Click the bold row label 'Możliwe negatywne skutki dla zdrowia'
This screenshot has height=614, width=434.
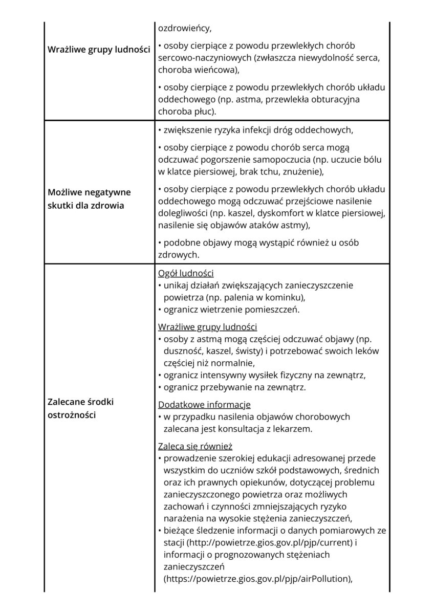click(89, 199)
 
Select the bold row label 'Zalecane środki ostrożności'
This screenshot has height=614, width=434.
click(80, 408)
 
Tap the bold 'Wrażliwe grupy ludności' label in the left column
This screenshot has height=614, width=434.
click(98, 50)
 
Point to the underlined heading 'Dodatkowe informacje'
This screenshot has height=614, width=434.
click(204, 404)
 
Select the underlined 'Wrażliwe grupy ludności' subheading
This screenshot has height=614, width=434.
click(207, 327)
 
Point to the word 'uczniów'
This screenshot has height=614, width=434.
click(244, 470)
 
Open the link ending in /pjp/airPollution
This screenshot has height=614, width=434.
click(257, 579)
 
